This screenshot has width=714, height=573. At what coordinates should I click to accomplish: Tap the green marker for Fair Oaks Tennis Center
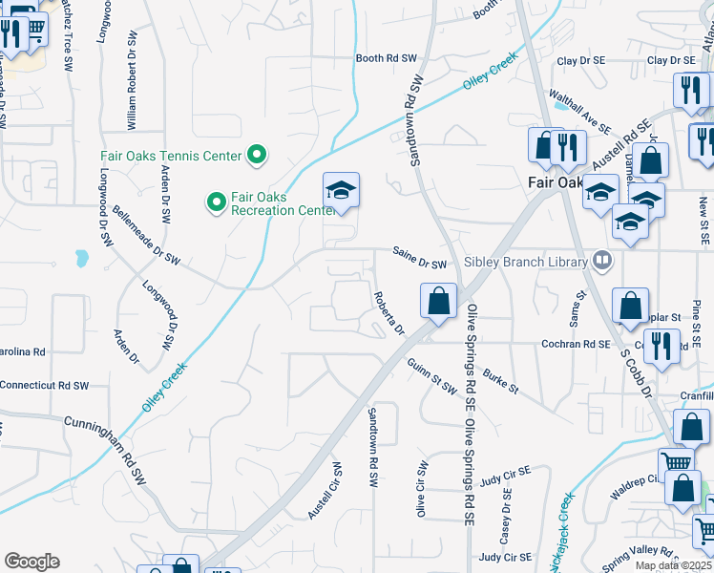pos(257,154)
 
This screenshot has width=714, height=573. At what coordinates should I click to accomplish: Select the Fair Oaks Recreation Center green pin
pos(217,202)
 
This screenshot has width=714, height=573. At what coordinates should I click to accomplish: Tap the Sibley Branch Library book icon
pos(601,260)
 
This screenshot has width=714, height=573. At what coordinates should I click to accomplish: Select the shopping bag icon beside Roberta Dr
pos(437,301)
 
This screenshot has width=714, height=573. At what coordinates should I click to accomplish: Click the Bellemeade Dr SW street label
pos(146,245)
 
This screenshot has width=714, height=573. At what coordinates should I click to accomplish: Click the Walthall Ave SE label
pos(579,111)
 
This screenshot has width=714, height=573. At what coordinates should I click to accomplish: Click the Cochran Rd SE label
pos(581,342)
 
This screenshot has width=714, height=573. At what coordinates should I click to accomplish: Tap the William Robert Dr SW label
pos(132,81)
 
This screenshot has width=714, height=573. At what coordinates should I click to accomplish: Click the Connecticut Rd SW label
pos(44,386)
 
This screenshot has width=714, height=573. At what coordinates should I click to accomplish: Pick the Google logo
pos(31,562)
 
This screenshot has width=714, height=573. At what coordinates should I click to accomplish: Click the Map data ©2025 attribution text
pos(672,565)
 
